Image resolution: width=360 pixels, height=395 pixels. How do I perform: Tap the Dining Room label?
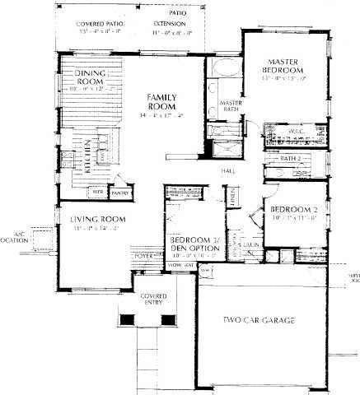coord(92,78)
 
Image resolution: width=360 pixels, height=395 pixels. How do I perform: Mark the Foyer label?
coord(144,257)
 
